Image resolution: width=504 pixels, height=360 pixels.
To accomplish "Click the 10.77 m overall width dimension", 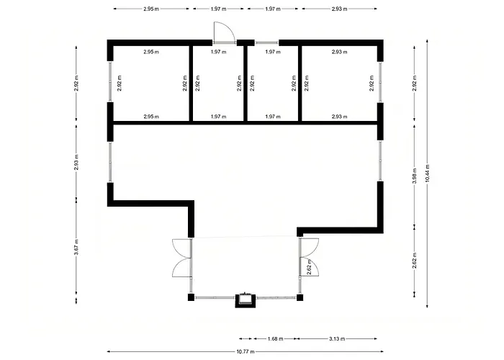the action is point(246,351).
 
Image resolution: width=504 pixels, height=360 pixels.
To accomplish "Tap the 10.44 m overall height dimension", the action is point(427,174).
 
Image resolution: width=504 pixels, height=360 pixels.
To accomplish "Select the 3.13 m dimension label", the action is point(337,339).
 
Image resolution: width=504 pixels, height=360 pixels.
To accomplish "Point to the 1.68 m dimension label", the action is point(275,339).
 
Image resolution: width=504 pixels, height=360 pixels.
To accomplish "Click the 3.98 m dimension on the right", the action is point(414,176).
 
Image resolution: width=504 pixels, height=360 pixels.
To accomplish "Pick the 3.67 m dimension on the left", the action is point(76,247).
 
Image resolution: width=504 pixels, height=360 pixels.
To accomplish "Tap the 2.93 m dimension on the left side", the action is point(76,162).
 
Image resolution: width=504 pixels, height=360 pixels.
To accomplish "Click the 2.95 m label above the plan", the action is point(151,9).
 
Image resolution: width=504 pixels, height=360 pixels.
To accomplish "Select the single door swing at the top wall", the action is point(225,32).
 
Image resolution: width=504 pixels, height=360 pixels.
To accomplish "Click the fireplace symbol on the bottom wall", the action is point(246,300).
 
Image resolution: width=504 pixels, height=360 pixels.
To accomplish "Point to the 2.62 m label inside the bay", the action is point(309,267).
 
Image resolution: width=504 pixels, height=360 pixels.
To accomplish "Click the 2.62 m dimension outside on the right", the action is point(414,261).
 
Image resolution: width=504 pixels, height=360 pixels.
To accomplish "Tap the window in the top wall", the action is point(267,42).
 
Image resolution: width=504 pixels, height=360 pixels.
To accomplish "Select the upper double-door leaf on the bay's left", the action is point(182,248).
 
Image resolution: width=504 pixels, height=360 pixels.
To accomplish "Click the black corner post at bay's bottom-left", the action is point(191,297).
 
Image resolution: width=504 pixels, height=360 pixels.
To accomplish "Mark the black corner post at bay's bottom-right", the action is point(300,297).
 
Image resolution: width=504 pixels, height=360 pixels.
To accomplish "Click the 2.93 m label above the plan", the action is point(339,9).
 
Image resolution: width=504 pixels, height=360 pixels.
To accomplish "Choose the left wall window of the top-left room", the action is point(110,81).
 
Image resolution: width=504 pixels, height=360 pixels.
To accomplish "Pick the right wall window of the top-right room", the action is point(380,82).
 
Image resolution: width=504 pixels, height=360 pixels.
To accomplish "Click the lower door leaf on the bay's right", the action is point(309,266).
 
